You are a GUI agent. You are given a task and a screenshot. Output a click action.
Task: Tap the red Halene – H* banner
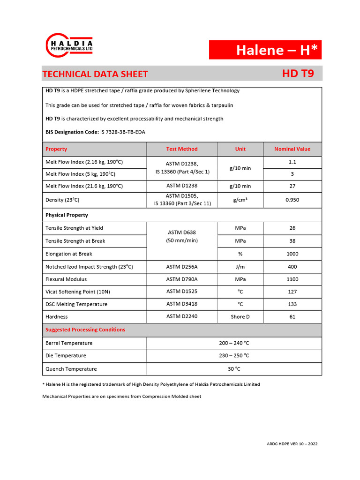coord(265,50)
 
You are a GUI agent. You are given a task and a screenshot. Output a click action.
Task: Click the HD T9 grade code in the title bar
coord(298,74)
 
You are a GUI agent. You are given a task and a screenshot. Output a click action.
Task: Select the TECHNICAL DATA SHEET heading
coord(95,74)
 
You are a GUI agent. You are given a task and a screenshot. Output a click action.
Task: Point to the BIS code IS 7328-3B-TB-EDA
coord(122,132)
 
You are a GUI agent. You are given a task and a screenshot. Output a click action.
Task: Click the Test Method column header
coord(182,149)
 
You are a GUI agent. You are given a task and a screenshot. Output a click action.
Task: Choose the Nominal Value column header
coord(292,149)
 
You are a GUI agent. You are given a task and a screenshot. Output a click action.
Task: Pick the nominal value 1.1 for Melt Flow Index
coord(292,162)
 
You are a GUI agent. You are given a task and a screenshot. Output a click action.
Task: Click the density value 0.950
coord(292,200)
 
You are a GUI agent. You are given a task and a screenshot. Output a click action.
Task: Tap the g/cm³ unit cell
coord(240,200)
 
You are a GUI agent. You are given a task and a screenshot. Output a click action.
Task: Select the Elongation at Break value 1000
coord(292,254)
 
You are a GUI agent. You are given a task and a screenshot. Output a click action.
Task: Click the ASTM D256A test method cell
coord(182,267)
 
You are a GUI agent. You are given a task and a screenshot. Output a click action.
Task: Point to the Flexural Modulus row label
coord(66,279)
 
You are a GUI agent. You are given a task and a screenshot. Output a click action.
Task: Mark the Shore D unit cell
coord(240,316)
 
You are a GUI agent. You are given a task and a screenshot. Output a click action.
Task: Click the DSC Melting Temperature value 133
coord(292,304)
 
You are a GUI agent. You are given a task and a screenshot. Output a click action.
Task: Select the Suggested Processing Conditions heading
coord(85,330)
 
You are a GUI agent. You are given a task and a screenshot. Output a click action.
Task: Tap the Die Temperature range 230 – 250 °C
coord(234,356)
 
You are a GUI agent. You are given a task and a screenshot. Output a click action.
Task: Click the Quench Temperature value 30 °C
coord(234,369)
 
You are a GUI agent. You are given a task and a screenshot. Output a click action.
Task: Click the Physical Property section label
coord(67,215)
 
